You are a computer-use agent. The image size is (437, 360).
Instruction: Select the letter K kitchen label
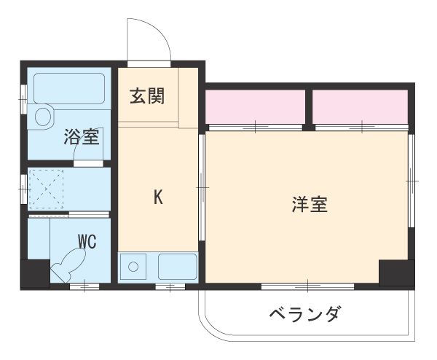point(157,196)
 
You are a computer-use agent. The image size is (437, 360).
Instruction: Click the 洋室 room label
point(310,205)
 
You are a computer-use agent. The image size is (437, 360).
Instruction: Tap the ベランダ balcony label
point(304,315)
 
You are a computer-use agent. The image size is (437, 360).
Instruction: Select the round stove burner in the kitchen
point(133,267)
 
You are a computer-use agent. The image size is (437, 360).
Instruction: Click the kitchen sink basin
point(177,267)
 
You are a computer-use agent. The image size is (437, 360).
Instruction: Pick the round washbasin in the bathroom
point(44,116)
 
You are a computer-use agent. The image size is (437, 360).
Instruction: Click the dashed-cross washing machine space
point(47,188)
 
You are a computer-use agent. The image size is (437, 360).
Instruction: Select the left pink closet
point(254,106)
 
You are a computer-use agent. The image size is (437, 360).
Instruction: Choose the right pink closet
point(360,106)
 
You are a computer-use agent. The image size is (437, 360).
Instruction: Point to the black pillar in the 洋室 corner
point(395,272)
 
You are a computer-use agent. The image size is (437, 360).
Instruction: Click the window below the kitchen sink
point(170,286)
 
